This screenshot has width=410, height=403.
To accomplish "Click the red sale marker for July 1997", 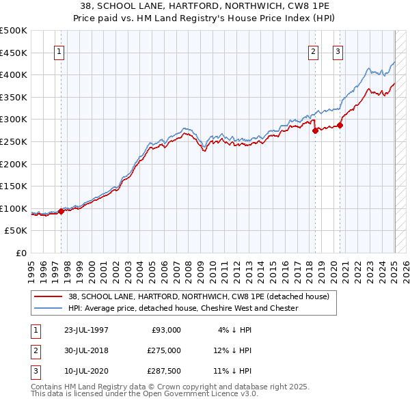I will [61, 211].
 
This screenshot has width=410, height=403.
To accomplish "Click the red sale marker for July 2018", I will [315, 130].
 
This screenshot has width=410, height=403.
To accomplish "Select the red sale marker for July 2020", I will [339, 125].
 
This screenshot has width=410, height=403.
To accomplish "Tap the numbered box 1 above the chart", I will [59, 52].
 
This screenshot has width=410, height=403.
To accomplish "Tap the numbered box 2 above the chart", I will [313, 52].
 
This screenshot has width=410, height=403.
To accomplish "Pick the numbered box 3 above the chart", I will [338, 52].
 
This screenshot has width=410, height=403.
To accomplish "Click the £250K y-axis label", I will [14, 141].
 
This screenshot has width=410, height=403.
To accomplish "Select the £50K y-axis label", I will [16, 230].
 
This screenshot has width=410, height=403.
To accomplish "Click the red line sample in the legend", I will [49, 296].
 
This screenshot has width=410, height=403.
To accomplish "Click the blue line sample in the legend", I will [49, 308].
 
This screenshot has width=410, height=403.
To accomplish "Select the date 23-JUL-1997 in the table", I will [86, 329].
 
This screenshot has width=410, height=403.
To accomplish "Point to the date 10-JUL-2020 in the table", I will [86, 371].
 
